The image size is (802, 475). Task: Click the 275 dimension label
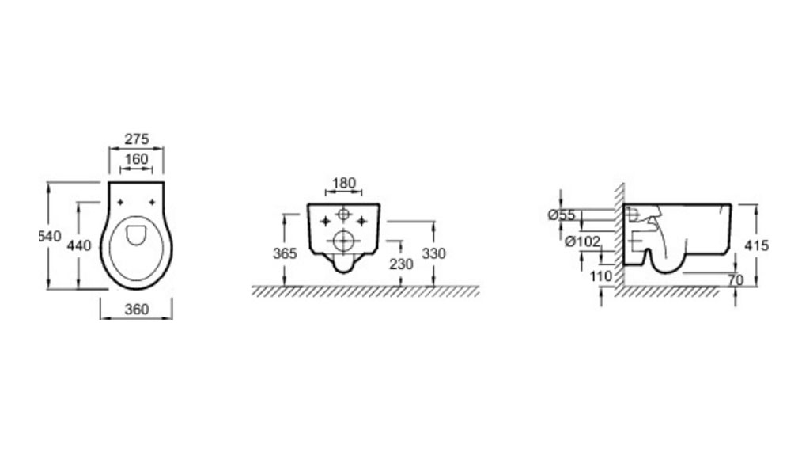(137, 139)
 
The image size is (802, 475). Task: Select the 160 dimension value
(137, 159)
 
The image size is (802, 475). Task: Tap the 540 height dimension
(50, 237)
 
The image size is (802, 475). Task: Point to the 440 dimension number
(79, 245)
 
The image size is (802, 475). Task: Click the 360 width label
(137, 310)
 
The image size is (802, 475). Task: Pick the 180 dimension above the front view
(344, 183)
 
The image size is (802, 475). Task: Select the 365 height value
(285, 253)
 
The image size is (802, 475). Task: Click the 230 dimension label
(401, 264)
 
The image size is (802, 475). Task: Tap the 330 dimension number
(434, 253)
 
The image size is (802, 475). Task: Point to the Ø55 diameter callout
(562, 215)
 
